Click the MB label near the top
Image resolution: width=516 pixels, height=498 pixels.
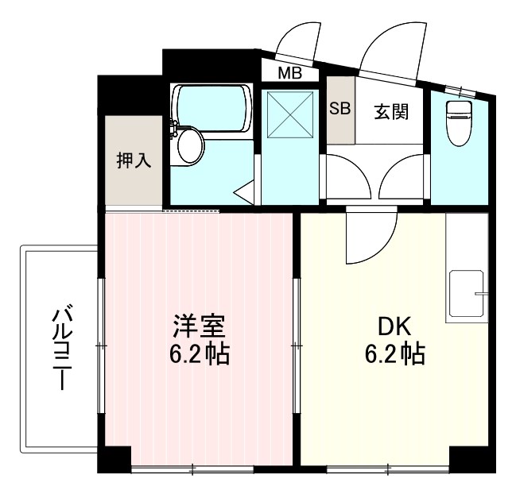point(289,74)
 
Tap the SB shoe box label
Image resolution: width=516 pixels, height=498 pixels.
point(339,110)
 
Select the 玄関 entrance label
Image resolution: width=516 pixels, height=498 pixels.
point(391,111)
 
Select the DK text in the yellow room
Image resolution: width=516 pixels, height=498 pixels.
point(390,326)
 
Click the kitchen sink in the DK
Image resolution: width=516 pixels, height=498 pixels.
point(467,294)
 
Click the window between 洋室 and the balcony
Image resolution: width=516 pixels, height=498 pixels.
point(100,346)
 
